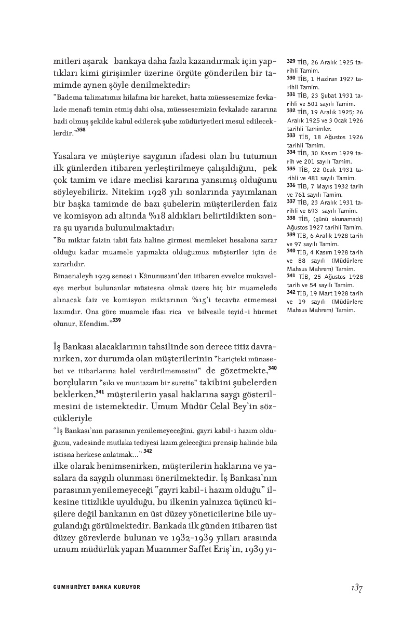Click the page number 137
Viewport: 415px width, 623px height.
pos(356,588)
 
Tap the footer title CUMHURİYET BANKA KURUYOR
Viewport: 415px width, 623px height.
pos(97,587)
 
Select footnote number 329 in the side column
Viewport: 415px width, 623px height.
pos(291,61)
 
